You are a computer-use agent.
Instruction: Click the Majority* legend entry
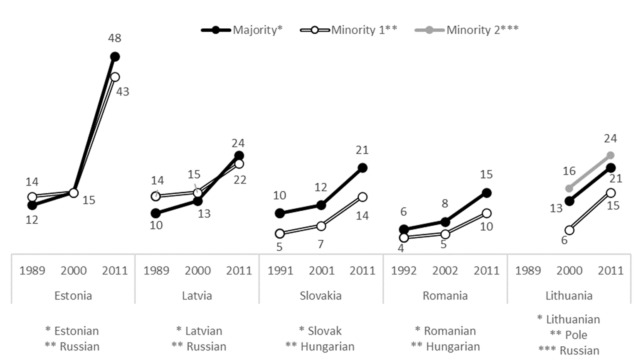[x=242, y=30]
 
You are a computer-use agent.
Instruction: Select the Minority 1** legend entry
[x=348, y=30]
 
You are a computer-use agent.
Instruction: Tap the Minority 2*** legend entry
[x=466, y=30]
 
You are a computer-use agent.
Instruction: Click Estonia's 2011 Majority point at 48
[x=115, y=57]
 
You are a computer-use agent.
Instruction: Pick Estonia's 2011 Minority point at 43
[x=115, y=77]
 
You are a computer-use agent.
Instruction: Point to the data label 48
[x=114, y=38]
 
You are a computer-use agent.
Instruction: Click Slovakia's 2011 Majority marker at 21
[x=362, y=168]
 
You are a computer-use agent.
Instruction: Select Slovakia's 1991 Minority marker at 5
[x=280, y=234]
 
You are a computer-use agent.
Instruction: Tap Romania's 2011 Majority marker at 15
[x=487, y=193]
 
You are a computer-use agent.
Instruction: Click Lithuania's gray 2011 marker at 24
[x=611, y=155]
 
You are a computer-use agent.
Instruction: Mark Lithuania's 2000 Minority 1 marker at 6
[x=570, y=230]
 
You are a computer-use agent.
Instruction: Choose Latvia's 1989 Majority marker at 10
[x=155, y=213]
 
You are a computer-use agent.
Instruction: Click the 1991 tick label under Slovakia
[x=280, y=271]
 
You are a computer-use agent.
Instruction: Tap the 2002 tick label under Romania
[x=445, y=271]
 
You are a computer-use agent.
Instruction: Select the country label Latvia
[x=197, y=296]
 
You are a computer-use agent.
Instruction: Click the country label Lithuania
[x=569, y=296]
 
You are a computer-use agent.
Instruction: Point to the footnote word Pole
[x=576, y=335]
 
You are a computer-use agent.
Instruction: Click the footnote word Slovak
[x=324, y=331]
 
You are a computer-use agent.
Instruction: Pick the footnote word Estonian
[x=76, y=331]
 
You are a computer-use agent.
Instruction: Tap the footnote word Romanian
[x=449, y=331]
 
